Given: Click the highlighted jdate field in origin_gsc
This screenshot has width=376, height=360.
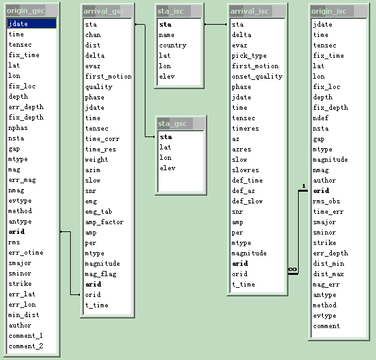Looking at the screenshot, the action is [x=31, y=23].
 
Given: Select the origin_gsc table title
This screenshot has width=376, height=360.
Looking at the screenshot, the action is [x=25, y=11].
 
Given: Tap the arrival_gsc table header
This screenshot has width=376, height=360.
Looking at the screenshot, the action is [x=104, y=11].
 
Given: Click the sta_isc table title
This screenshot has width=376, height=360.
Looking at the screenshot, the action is [x=170, y=11].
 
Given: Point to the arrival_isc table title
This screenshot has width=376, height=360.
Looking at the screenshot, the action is [x=249, y=11].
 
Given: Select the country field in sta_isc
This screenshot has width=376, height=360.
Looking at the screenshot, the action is [x=173, y=45].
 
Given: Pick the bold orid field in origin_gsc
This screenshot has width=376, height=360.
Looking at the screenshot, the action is [x=16, y=231].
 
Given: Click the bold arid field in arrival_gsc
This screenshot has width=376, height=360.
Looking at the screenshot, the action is [x=94, y=284].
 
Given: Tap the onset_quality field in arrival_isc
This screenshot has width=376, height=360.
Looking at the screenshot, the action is [x=257, y=77].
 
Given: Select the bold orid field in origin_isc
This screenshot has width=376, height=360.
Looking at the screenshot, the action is [x=321, y=191].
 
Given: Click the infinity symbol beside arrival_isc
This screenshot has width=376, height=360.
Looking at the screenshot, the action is [x=292, y=269].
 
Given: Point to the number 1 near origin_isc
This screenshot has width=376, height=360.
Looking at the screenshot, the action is [x=304, y=186].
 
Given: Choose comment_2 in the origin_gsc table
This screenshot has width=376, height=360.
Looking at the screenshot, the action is [x=26, y=346].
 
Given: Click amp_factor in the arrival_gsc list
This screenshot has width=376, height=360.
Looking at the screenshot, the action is [x=104, y=222].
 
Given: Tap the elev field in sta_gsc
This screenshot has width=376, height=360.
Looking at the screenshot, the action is [x=168, y=168].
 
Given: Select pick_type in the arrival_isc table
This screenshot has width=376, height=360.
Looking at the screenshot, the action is [x=249, y=56].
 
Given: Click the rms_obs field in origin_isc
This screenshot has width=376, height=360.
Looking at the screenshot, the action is [x=327, y=201].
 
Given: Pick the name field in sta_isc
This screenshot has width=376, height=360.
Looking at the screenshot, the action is [x=166, y=35].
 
